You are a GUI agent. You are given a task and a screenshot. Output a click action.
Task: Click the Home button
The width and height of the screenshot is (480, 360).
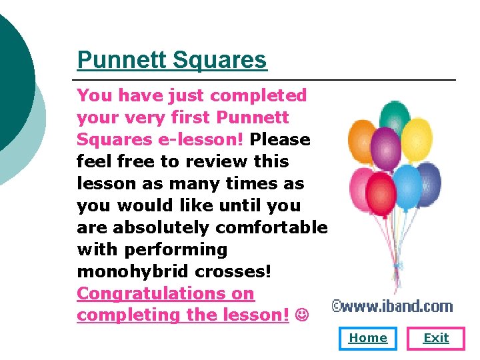[368, 338]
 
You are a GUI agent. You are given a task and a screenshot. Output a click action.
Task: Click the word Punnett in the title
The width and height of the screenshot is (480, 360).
[121, 60]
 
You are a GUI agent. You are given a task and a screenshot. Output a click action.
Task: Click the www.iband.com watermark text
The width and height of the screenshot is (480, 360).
[393, 307]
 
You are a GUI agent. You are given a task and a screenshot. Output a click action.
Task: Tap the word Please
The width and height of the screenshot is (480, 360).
[281, 140]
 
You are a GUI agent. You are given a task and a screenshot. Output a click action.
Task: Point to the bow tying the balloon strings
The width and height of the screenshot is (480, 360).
[398, 264]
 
